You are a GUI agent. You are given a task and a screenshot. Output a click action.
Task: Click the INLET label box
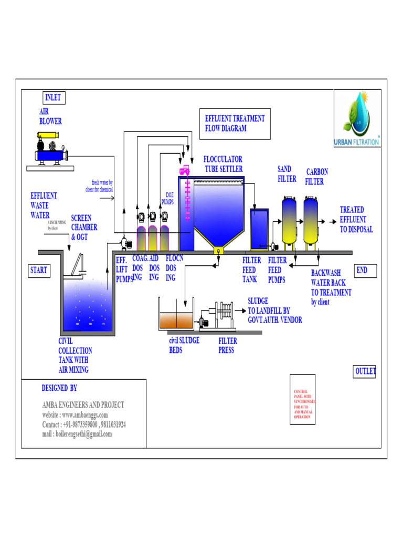click(x=53, y=98)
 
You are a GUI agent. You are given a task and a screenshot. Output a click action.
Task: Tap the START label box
click(x=39, y=271)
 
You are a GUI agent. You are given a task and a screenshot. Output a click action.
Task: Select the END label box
click(x=362, y=271)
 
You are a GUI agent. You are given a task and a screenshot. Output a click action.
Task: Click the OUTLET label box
click(x=365, y=371)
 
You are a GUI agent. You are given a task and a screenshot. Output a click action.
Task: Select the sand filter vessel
click(x=289, y=220)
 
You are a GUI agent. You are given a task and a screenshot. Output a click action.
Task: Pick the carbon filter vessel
click(x=312, y=220)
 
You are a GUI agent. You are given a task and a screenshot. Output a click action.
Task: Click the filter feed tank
click(x=259, y=229)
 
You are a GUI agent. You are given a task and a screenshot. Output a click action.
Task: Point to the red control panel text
click(x=303, y=404)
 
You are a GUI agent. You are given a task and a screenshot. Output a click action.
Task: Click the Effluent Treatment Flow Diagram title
click(x=235, y=123)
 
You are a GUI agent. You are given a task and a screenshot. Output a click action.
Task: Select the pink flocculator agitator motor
click(x=185, y=171)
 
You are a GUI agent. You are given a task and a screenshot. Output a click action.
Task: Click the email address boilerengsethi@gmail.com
click(x=77, y=434)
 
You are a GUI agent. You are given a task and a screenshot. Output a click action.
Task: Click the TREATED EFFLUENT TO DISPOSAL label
click(x=356, y=220)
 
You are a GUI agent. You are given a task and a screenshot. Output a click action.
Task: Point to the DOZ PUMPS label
click(x=167, y=198)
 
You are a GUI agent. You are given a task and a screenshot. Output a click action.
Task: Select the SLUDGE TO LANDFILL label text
click(x=274, y=310)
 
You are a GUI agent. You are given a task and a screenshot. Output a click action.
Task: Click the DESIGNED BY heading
click(x=59, y=388)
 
